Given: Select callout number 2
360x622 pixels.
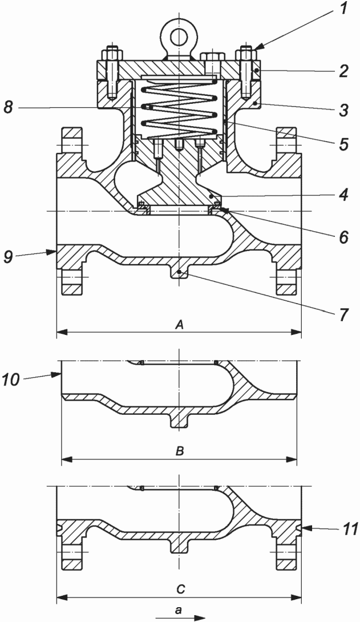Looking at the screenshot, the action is pos(343,71).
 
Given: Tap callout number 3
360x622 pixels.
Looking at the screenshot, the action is pos(343,110).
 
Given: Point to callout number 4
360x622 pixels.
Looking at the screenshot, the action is pos(343,195).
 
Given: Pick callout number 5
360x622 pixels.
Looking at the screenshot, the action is pos(343,144).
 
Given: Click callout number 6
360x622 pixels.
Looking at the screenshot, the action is pos(343,237).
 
